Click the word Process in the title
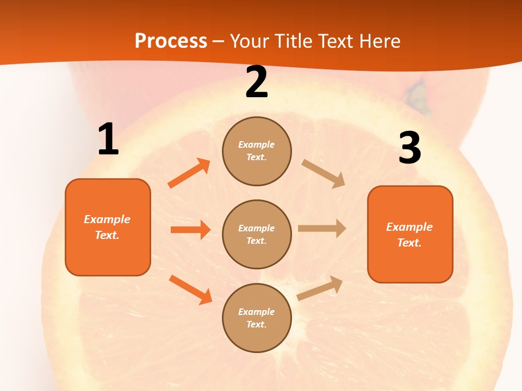pos(171,41)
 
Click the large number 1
pos(108,140)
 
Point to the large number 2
pos(257,83)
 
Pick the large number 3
pos(409,148)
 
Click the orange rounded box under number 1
pos(108,227)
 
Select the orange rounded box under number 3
pos(410,234)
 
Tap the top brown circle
pos(257,151)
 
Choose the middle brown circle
pos(257,234)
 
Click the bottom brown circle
pos(257,318)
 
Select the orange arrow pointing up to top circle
pos(189,173)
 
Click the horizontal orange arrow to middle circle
pos(190,230)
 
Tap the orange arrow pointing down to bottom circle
pos(190,289)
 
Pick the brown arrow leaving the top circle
pos(324,174)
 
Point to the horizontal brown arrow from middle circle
pos(322,229)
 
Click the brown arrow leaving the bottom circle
pos(320,288)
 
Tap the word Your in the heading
pos(250,41)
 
